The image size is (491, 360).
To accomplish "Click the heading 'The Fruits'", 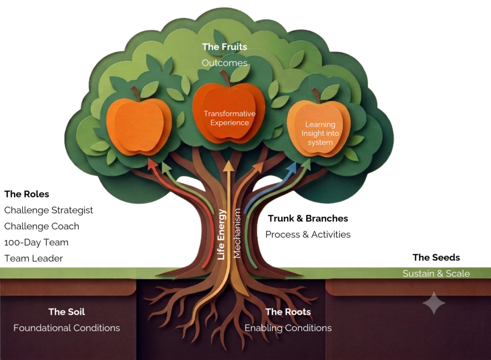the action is [x=224, y=46].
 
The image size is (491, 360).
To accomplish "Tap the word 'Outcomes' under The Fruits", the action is [x=224, y=63].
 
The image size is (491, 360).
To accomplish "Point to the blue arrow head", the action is [x=292, y=167].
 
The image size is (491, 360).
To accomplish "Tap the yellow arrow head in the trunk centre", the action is [x=229, y=166].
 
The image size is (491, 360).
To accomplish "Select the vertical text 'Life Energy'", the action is [x=222, y=234].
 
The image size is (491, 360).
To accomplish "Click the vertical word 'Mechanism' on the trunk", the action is [x=237, y=233].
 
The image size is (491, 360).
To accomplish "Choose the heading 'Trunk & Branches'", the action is [x=308, y=218].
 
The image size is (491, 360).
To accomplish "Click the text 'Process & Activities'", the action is [x=308, y=234].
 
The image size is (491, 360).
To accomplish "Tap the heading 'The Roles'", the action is [x=27, y=194].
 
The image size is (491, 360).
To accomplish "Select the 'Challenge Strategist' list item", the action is [x=48, y=210].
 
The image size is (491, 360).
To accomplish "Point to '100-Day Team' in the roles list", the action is [x=36, y=243].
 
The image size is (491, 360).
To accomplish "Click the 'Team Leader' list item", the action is [x=34, y=258].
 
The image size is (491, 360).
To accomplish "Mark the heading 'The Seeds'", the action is [x=436, y=257].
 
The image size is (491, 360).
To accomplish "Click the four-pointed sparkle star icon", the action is [x=433, y=302].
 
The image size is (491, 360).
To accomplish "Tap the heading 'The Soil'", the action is [x=67, y=312].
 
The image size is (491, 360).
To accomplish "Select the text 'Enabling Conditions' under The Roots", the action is [x=288, y=328].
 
